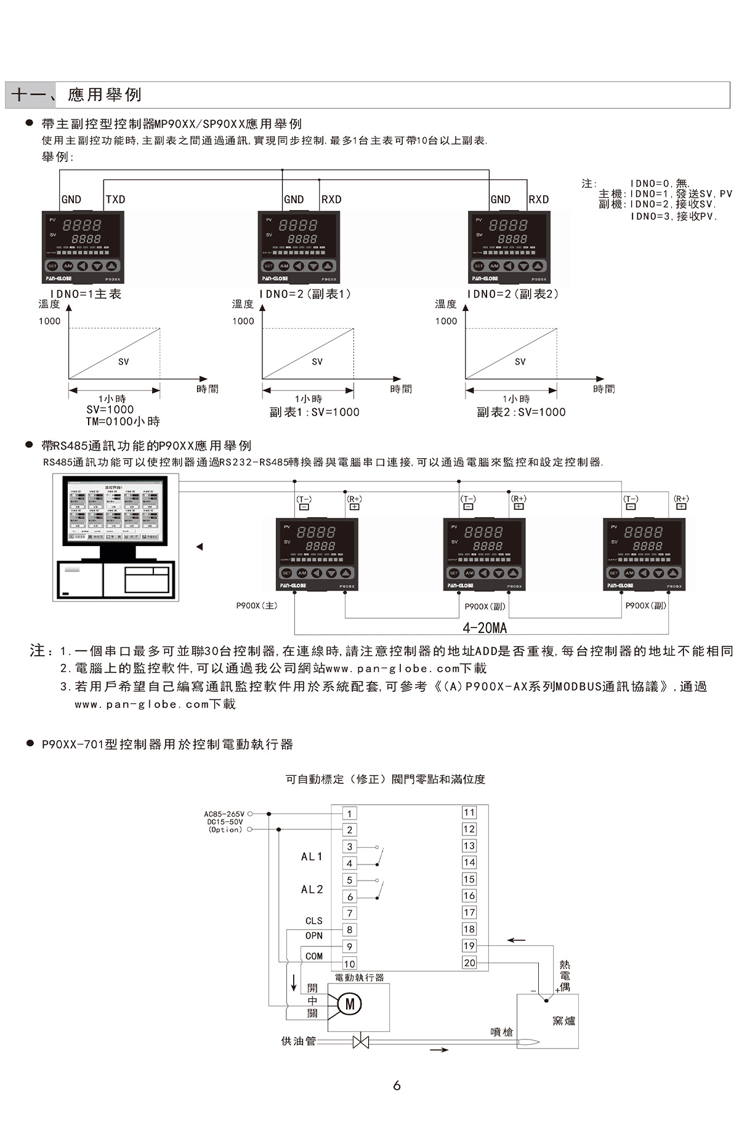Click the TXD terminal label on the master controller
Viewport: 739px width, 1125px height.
[x=115, y=200]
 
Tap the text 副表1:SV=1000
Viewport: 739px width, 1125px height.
[x=314, y=413]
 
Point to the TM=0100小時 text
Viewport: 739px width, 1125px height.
[x=123, y=422]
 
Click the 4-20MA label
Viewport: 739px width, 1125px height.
[x=485, y=628]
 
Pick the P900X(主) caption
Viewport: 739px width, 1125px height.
[x=257, y=606]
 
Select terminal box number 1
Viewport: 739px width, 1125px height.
[x=349, y=814]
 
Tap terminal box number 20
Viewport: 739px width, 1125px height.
[x=469, y=962]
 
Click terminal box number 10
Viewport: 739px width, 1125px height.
[x=349, y=964]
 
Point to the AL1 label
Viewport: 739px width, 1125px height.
[x=312, y=857]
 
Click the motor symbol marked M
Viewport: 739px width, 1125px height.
[x=350, y=1004]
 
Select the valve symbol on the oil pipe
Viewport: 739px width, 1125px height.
[x=360, y=1042]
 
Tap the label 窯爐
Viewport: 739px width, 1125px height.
[x=563, y=1021]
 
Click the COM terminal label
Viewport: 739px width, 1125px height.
[x=314, y=956]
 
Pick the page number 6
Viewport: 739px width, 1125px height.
[x=397, y=1085]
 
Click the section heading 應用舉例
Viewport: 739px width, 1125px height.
[x=105, y=95]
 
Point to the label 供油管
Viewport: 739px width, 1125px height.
[x=298, y=1041]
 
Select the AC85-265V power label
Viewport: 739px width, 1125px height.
[x=224, y=814]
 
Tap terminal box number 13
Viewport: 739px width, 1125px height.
[x=469, y=846]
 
